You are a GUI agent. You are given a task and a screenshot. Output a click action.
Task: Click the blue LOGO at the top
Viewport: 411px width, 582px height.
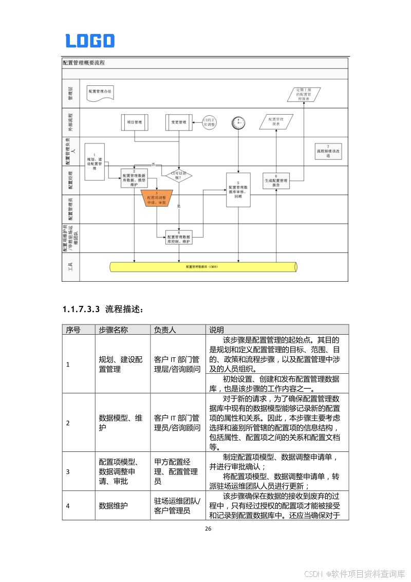[90, 41]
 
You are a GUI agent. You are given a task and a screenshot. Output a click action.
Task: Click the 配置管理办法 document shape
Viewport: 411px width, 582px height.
[100, 92]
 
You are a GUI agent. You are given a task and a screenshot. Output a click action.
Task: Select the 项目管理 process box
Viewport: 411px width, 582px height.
[135, 122]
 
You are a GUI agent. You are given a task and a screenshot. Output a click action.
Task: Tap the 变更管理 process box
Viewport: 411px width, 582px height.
[179, 122]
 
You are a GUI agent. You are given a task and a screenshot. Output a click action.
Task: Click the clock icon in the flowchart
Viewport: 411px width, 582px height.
[238, 122]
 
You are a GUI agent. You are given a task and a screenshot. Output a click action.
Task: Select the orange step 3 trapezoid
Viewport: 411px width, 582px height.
[157, 198]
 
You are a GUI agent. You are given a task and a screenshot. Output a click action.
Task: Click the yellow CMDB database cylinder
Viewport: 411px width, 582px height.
[203, 267]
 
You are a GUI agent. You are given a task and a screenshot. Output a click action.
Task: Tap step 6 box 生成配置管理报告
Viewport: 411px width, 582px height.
[276, 181]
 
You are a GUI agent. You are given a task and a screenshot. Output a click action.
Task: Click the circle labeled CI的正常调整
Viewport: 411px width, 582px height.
[210, 122]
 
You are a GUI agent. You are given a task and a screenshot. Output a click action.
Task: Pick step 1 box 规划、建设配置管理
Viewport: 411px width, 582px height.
[95, 162]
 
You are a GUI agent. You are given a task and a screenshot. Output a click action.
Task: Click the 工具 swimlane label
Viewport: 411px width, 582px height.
[71, 267]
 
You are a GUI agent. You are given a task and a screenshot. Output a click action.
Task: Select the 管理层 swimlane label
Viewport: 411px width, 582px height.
[71, 93]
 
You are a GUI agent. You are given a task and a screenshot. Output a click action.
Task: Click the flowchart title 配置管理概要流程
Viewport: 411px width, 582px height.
[84, 63]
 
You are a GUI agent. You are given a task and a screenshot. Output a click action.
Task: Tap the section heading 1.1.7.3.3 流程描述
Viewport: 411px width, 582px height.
[102, 310]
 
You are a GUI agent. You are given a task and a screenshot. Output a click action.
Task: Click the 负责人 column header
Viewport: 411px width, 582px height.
[165, 330]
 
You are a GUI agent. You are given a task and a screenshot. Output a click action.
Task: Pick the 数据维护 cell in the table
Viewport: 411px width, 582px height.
[113, 505]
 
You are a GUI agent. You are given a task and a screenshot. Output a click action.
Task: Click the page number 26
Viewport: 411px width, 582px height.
[208, 529]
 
